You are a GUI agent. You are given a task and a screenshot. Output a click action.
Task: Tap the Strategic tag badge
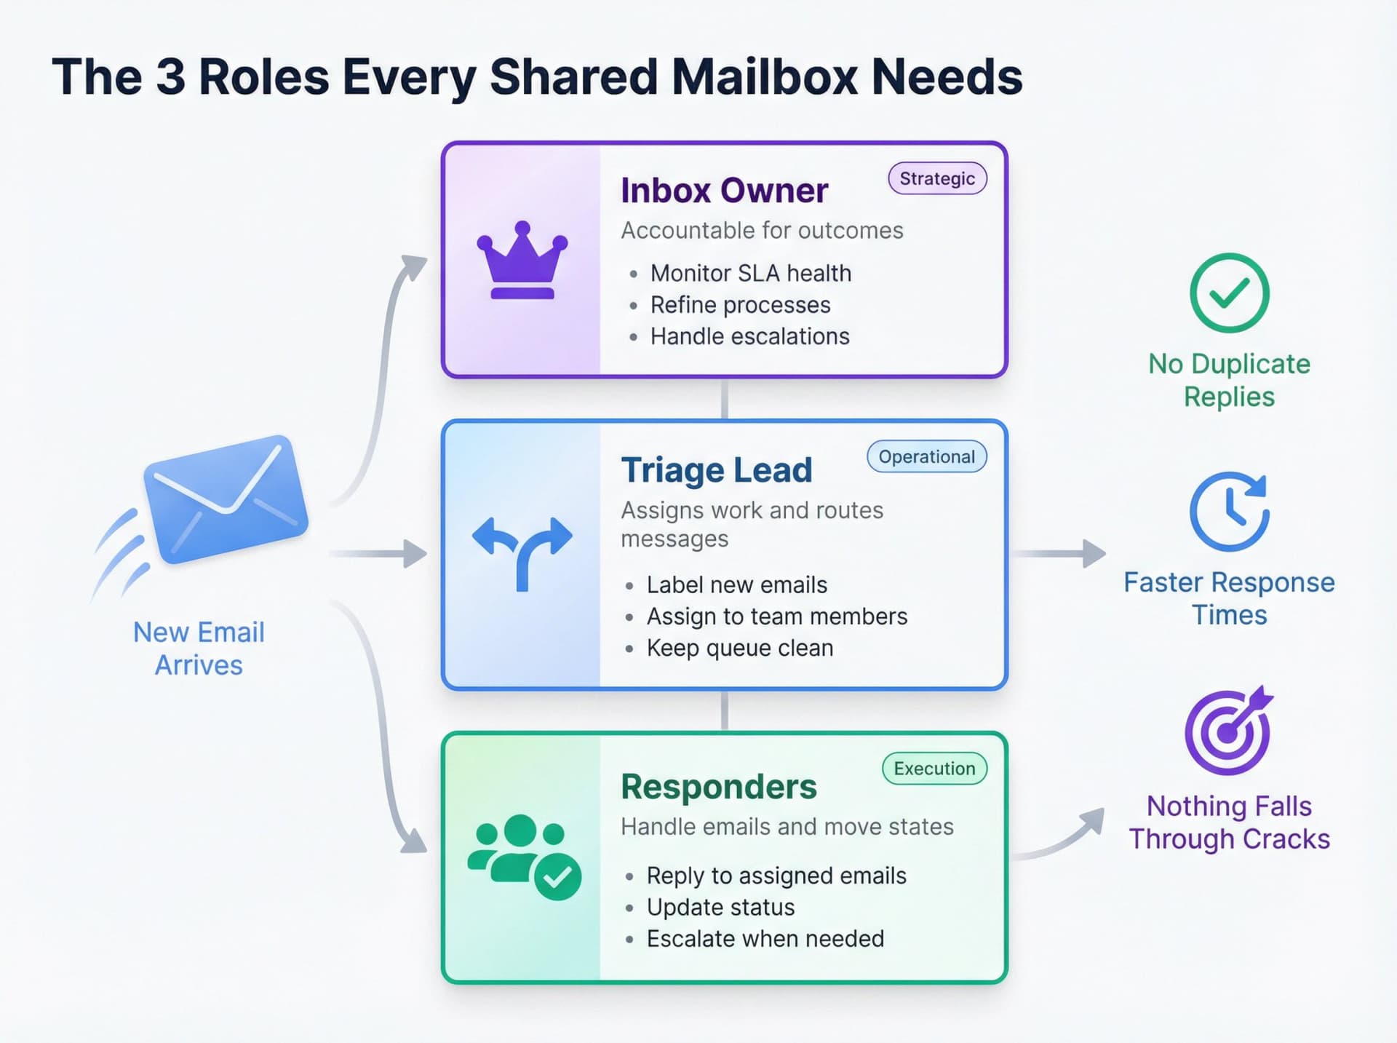(x=937, y=178)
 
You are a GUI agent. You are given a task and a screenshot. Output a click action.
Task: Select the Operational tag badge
(x=926, y=456)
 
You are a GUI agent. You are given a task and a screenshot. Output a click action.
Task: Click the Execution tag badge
(x=934, y=769)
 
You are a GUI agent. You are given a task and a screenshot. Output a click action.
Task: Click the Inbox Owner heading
(x=724, y=191)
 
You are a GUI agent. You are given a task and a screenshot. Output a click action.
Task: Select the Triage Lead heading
(x=716, y=470)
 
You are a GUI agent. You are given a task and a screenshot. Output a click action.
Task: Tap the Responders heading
(x=718, y=787)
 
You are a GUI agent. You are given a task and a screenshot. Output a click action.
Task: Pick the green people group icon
(x=524, y=855)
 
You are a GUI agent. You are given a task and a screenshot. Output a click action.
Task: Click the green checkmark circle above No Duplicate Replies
(x=1229, y=293)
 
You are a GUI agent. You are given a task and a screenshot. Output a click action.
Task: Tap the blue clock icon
(x=1229, y=511)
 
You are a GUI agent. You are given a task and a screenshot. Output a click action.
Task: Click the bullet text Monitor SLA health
(x=750, y=273)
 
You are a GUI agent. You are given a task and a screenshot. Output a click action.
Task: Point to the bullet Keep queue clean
(x=739, y=648)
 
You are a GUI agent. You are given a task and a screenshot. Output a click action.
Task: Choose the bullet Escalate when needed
(x=765, y=939)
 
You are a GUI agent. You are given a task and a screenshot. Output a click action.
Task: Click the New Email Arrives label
(x=199, y=649)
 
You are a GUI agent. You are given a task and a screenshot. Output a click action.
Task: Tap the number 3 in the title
(x=170, y=76)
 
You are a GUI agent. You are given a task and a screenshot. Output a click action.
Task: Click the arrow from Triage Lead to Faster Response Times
(x=1059, y=554)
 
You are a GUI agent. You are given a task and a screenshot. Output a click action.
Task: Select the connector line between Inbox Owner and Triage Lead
(x=724, y=399)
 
